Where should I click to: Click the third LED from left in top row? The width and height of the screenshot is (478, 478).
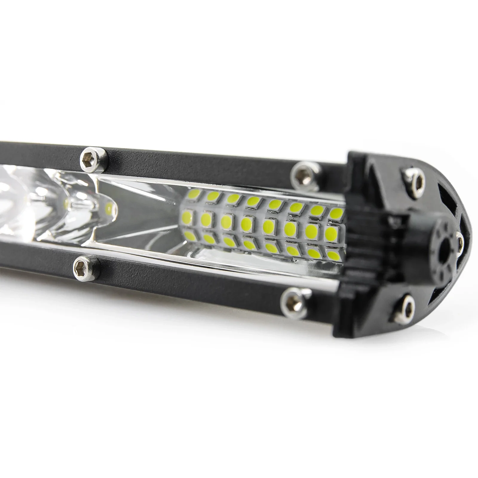[x=233, y=199]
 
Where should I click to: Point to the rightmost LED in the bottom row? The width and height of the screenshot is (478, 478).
[x=334, y=255]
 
